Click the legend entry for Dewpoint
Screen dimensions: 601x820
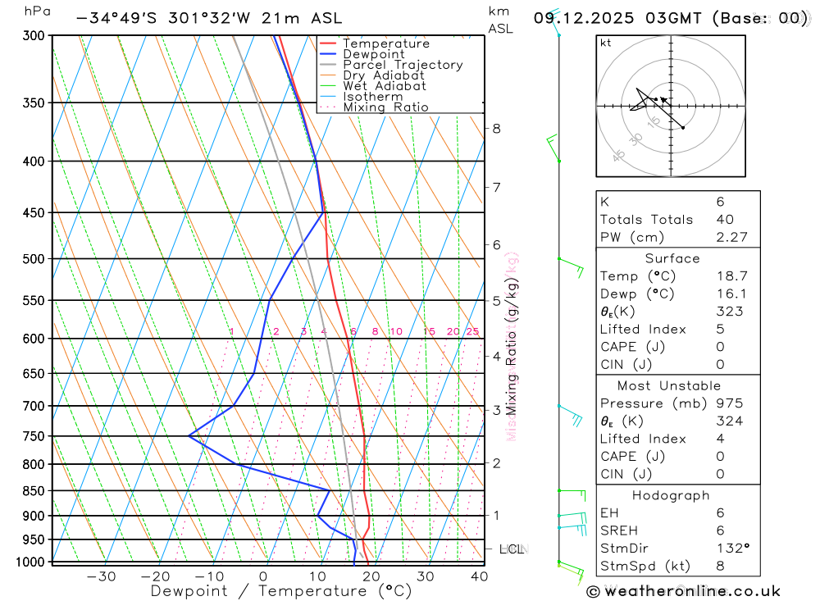click(x=373, y=54)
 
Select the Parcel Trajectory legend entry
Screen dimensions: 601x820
click(x=402, y=65)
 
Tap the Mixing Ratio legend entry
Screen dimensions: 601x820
click(x=385, y=107)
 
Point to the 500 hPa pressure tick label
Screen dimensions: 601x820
click(x=34, y=259)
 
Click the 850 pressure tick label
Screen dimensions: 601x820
click(x=34, y=491)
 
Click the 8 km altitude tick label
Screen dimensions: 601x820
click(x=497, y=128)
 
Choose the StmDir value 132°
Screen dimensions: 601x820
click(x=730, y=549)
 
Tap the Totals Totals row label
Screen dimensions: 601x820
click(x=646, y=219)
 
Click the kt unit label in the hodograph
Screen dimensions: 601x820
click(x=605, y=43)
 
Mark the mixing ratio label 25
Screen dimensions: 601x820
click(x=472, y=331)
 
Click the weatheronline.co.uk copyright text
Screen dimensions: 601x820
click(x=684, y=590)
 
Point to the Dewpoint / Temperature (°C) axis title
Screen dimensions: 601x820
click(x=280, y=591)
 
